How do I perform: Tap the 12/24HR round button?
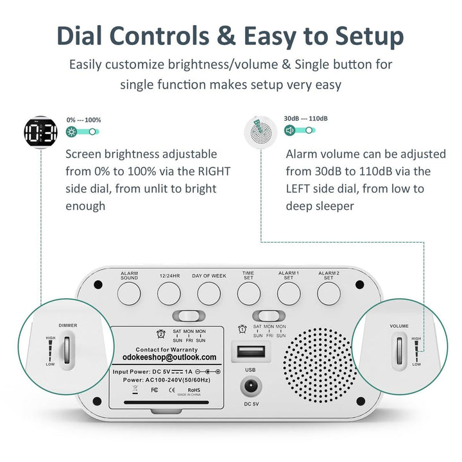pos(169,293)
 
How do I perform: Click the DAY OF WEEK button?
pos(209,293)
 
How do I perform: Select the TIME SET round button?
pos(249,293)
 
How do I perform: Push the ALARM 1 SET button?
pos(289,293)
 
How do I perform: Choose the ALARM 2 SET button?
pos(329,293)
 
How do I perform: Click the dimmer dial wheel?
pos(67,352)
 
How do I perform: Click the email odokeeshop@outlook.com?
pos(169,357)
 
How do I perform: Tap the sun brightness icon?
pos(72,132)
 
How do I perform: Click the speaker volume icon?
pos(290,130)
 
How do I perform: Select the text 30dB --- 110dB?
pos(306,119)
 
